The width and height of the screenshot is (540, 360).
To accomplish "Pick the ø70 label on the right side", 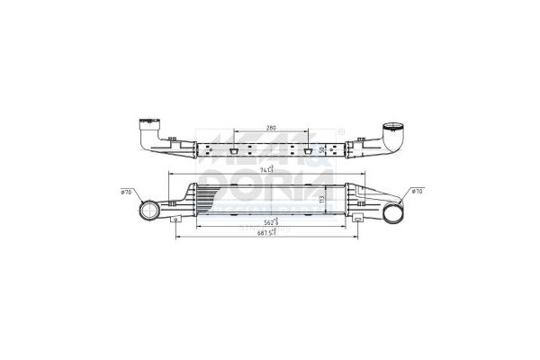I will tap(417, 191).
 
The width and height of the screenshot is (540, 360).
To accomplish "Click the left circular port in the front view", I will tap(147, 213).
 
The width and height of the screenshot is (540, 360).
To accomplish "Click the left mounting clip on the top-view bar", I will tap(231, 151).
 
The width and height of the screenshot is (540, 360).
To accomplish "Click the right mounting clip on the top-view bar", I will tap(307, 151).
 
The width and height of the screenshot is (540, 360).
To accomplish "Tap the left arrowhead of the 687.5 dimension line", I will tap(177, 237).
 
